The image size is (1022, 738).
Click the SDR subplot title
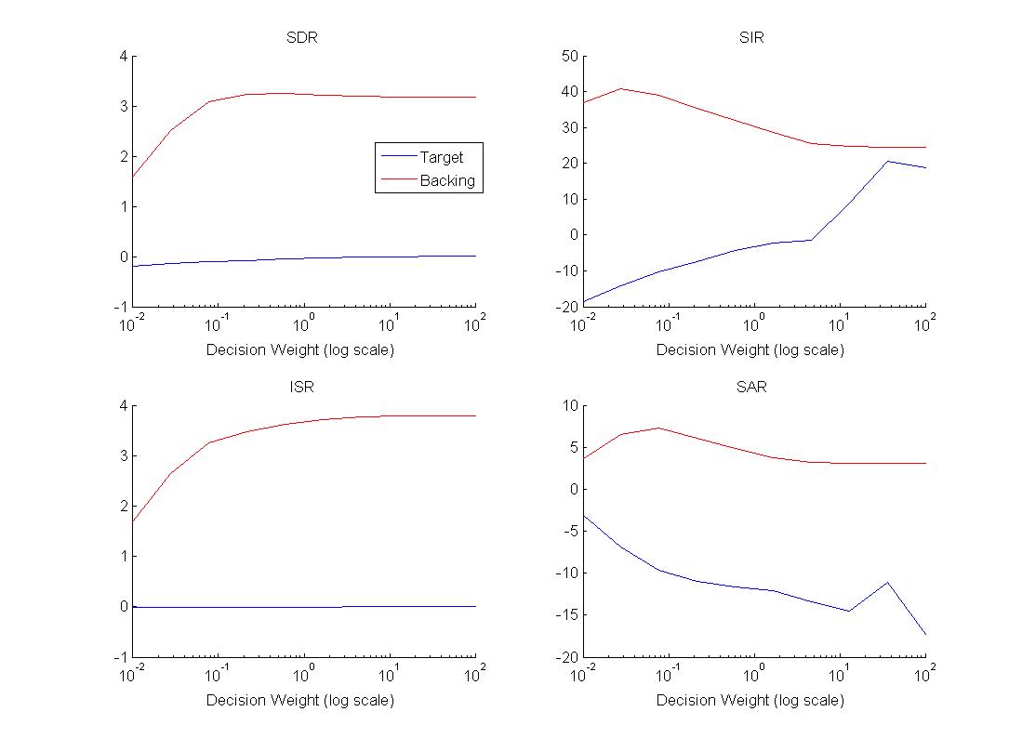(x=303, y=38)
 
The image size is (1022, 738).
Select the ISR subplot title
(x=303, y=388)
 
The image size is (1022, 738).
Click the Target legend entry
(x=441, y=157)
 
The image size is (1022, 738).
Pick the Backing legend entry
(x=446, y=180)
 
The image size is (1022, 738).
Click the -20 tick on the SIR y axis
(x=565, y=307)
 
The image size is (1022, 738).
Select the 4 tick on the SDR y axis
(x=122, y=57)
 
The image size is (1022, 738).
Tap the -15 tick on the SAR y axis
(x=565, y=614)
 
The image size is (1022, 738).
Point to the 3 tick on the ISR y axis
(x=122, y=456)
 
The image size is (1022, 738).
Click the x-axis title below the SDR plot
(x=299, y=350)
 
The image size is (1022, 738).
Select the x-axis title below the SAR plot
(x=750, y=700)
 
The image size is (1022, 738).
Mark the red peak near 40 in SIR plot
(x=620, y=88)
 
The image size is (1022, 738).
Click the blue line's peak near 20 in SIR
(x=888, y=161)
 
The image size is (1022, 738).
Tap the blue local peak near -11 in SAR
(x=888, y=583)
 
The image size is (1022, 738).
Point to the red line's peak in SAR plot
(x=658, y=428)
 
